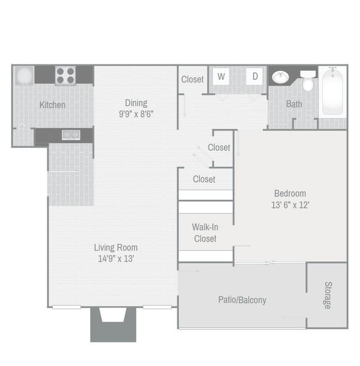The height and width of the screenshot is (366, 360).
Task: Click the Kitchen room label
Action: pyautogui.click(x=52, y=105)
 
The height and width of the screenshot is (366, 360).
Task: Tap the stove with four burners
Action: pyautogui.click(x=65, y=75)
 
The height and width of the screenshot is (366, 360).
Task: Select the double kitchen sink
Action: pyautogui.click(x=70, y=134)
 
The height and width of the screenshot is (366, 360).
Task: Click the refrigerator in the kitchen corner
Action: pyautogui.click(x=24, y=75)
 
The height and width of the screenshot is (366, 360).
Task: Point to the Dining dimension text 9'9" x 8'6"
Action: pyautogui.click(x=136, y=115)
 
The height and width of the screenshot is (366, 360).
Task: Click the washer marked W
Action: pyautogui.click(x=221, y=77)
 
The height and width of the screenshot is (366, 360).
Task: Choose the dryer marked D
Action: pyautogui.click(x=255, y=77)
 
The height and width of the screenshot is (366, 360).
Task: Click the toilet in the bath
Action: pyautogui.click(x=308, y=82)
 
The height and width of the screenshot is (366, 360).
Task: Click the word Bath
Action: pyautogui.click(x=294, y=104)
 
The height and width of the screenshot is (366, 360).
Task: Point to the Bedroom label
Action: pyautogui.click(x=290, y=194)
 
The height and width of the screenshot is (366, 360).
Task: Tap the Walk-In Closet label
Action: pyautogui.click(x=204, y=232)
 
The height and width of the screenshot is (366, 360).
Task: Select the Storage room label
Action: pyautogui.click(x=327, y=295)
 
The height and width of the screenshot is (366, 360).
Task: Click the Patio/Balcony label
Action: pyautogui.click(x=242, y=300)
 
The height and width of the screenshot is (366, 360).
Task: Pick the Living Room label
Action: pyautogui.click(x=115, y=247)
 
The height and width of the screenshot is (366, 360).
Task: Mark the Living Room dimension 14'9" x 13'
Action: pyautogui.click(x=115, y=258)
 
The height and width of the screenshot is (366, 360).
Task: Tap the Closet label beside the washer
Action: pyautogui.click(x=192, y=79)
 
